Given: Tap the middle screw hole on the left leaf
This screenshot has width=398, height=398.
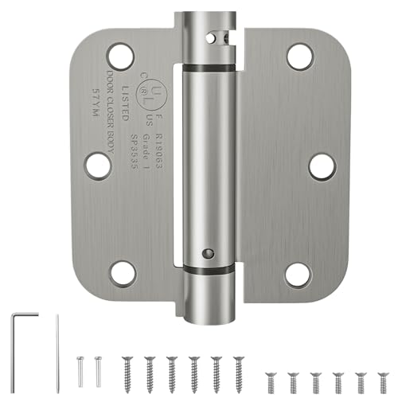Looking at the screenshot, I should pyautogui.click(x=98, y=165).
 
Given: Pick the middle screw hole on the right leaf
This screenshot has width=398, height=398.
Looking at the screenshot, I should pyautogui.click(x=322, y=166).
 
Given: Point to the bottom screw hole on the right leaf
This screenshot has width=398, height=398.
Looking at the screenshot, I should pyautogui.click(x=298, y=275).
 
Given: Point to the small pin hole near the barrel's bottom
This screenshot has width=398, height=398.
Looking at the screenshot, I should pyautogui.click(x=208, y=252).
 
